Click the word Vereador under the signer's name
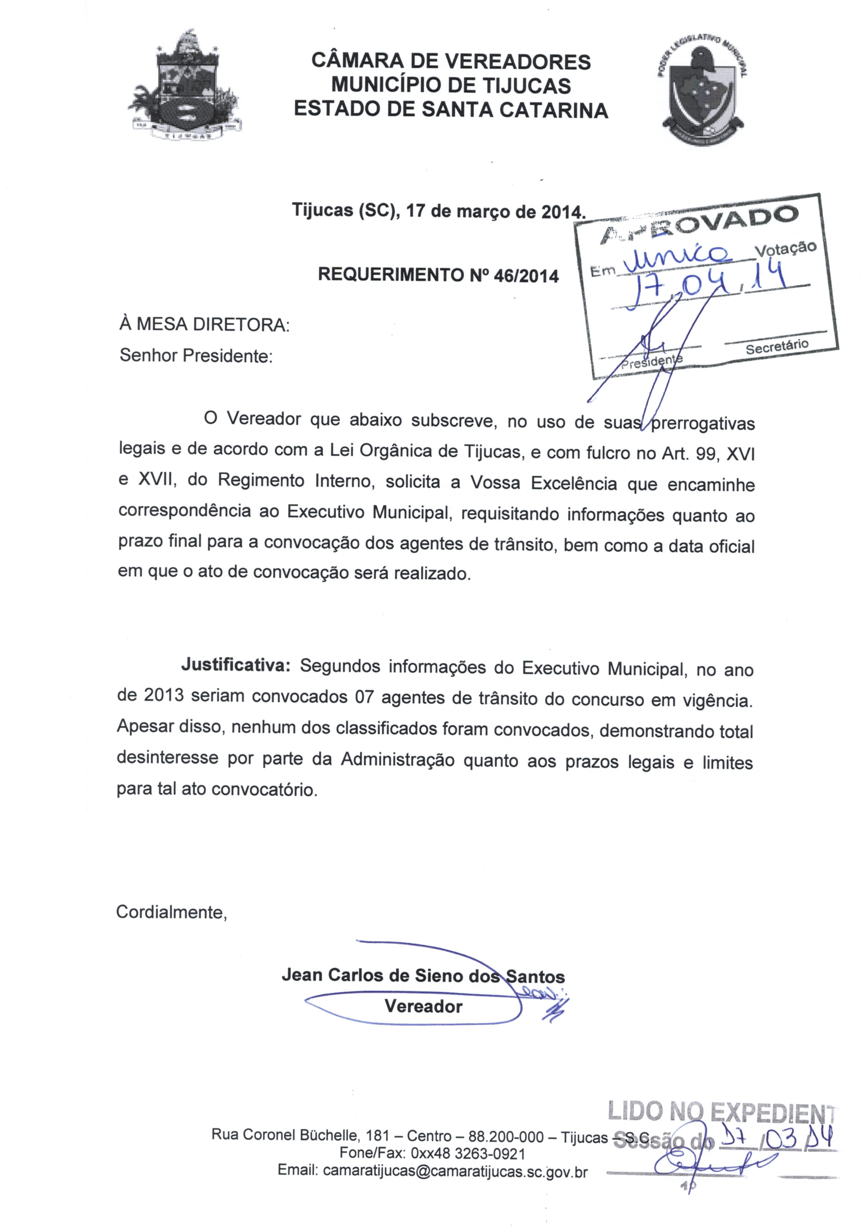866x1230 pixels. pos(423,1006)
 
